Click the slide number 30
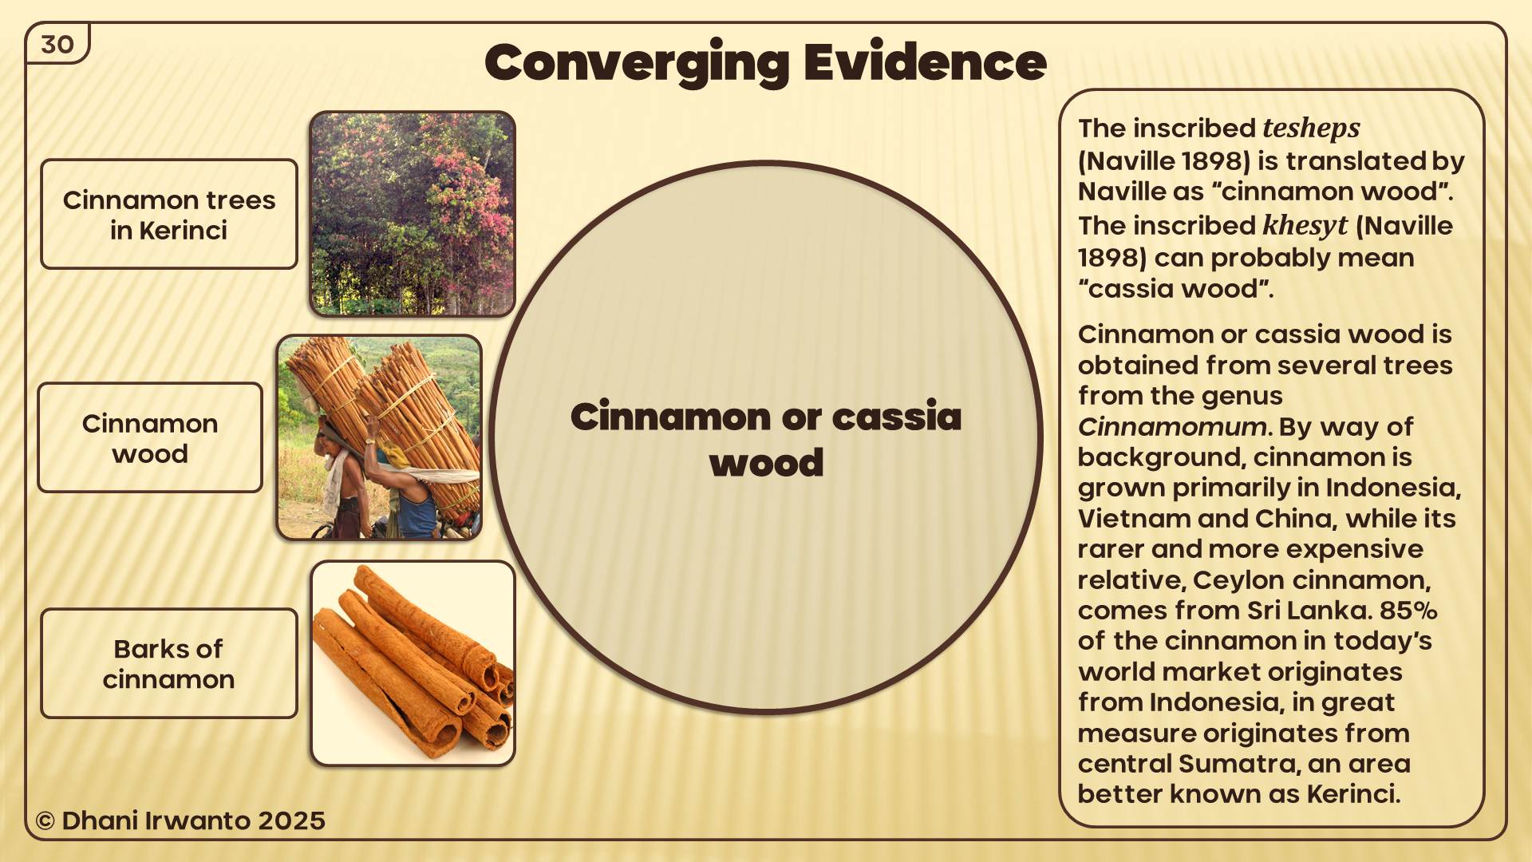pyautogui.click(x=57, y=45)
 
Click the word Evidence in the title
pyautogui.click(x=925, y=62)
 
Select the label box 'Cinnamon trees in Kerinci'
pyautogui.click(x=169, y=214)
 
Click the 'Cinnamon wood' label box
pyautogui.click(x=150, y=437)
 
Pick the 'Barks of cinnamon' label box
pyautogui.click(x=169, y=663)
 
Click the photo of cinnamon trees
pyautogui.click(x=413, y=214)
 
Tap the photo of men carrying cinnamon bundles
pyautogui.click(x=379, y=437)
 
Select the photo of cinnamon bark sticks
pyautogui.click(x=413, y=663)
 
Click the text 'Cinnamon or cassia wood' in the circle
pyautogui.click(x=766, y=439)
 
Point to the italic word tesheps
pyautogui.click(x=1311, y=129)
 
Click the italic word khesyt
pyautogui.click(x=1305, y=226)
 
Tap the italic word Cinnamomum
pyautogui.click(x=1171, y=427)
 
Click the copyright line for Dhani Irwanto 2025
pyautogui.click(x=180, y=820)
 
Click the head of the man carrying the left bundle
pyautogui.click(x=328, y=436)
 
